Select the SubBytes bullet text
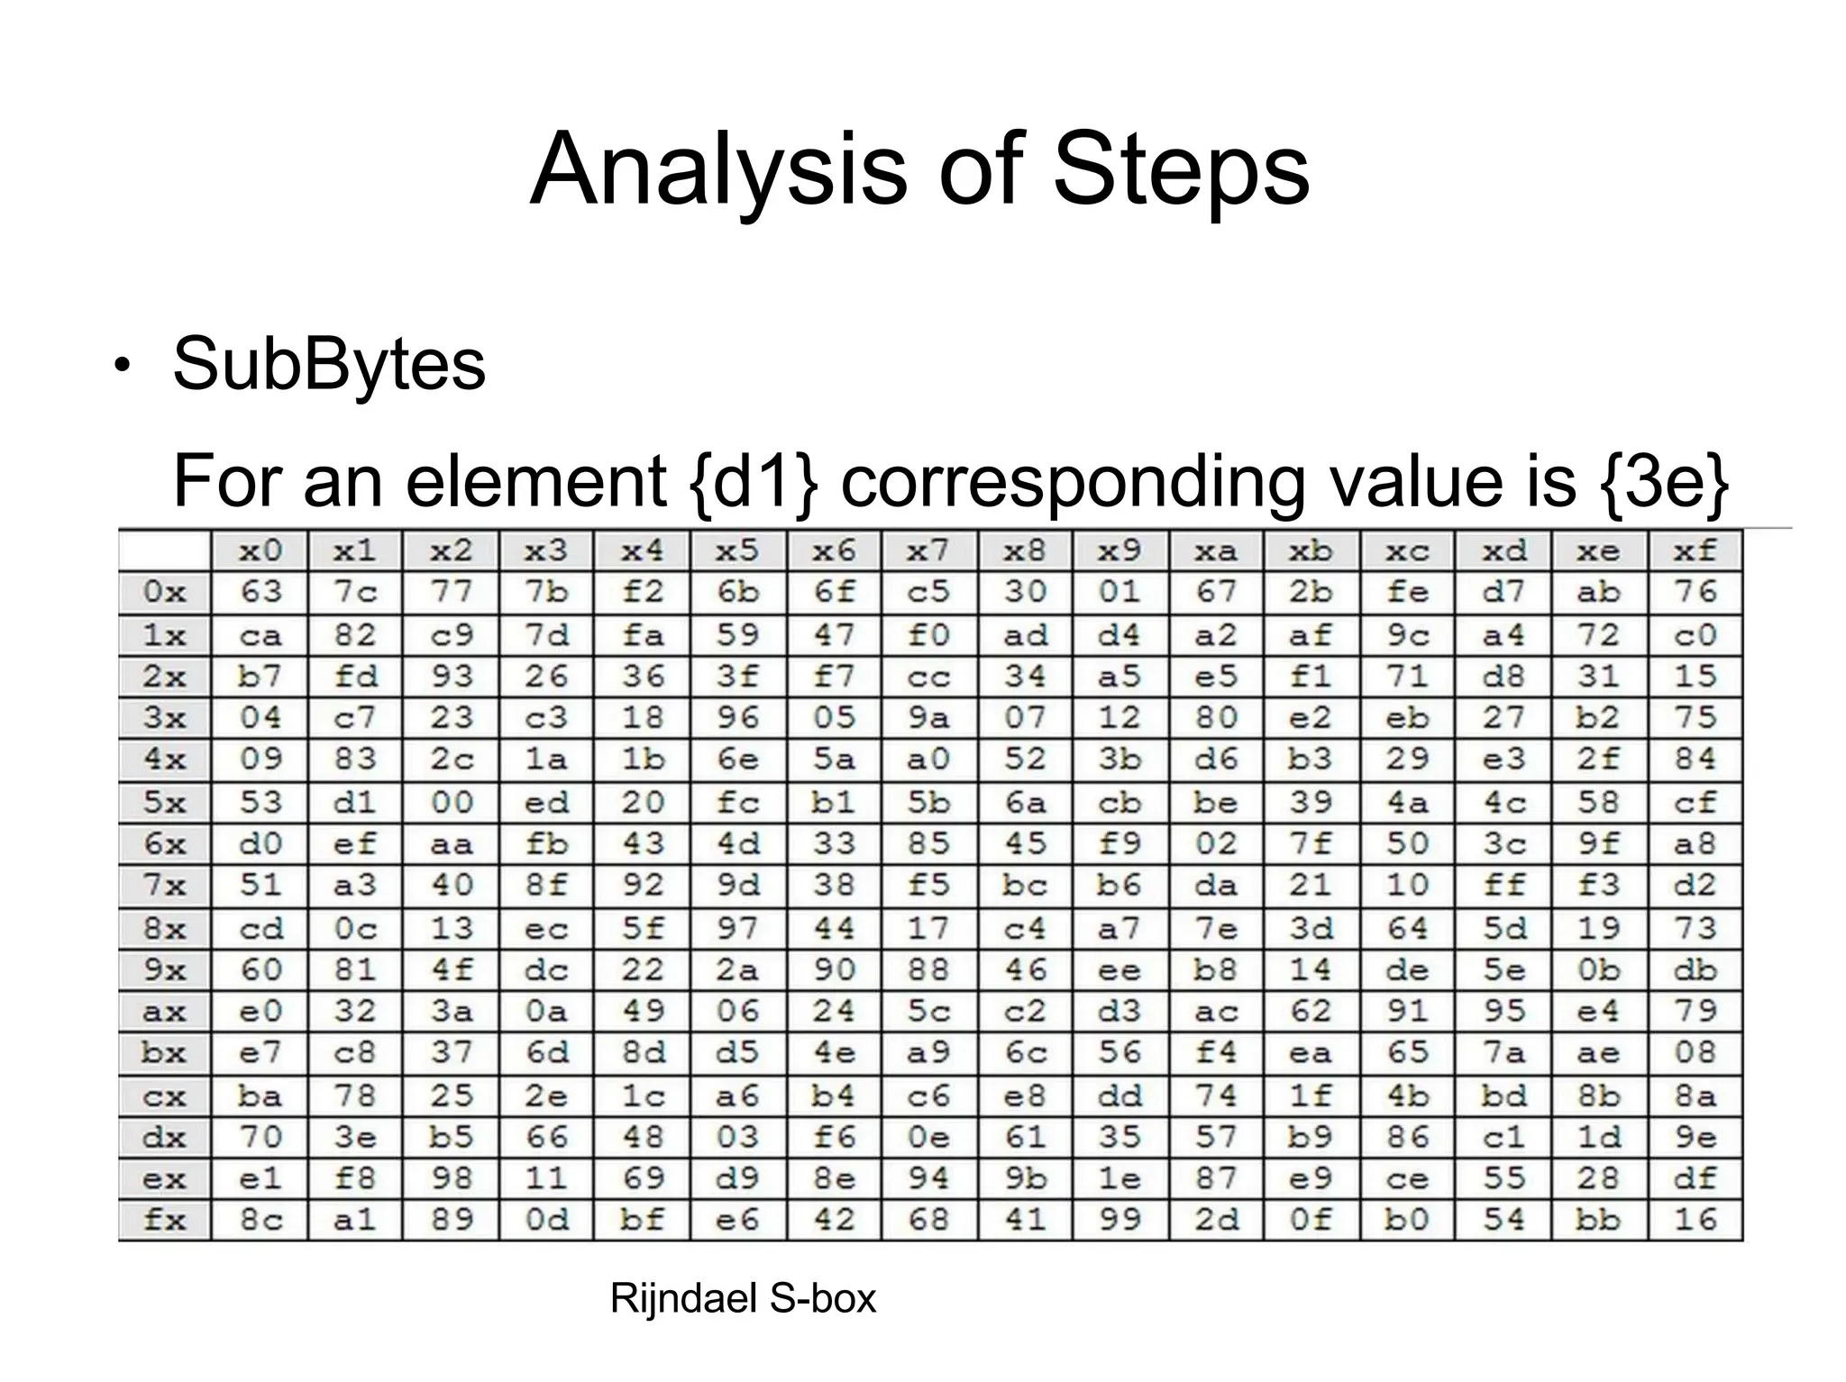(329, 365)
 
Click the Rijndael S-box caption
(743, 1298)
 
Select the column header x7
(929, 550)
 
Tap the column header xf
(1695, 550)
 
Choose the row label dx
(164, 1137)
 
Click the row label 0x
(164, 592)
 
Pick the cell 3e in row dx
(355, 1137)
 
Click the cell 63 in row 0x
(260, 592)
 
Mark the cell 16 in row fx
(1695, 1220)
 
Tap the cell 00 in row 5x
(451, 802)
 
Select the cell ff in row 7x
(1503, 885)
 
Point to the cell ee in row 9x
(1119, 969)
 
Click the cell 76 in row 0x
(1695, 592)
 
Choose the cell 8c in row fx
(260, 1220)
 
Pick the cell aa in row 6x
(451, 844)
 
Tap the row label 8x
(164, 928)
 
